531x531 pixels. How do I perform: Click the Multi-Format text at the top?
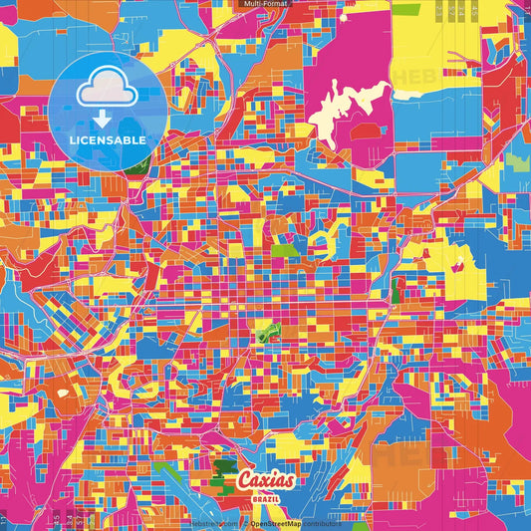[265, 4]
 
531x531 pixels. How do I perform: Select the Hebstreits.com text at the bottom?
[214, 522]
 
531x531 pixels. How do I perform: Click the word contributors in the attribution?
[321, 522]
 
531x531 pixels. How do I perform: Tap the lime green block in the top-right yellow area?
[405, 9]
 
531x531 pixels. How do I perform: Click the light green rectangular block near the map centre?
[285, 250]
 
